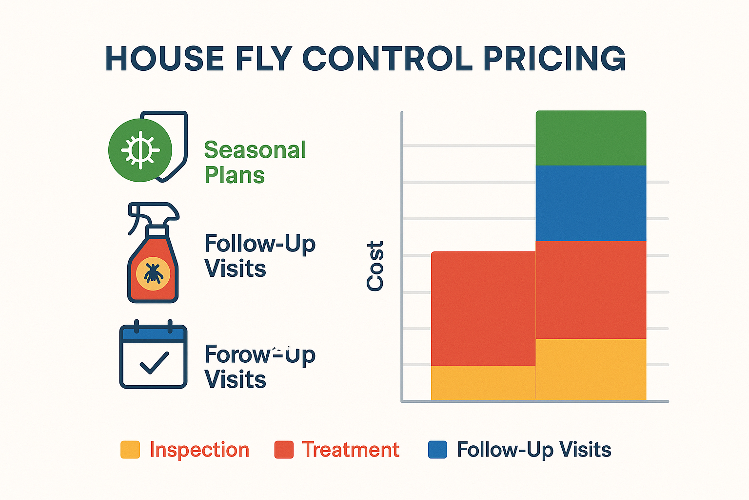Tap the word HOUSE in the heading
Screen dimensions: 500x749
(164, 59)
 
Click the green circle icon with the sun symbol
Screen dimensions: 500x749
(140, 150)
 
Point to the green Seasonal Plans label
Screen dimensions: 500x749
(255, 162)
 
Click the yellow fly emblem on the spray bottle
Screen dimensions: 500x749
(153, 273)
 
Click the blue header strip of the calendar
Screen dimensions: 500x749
(153, 334)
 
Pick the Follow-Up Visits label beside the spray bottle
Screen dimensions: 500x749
(259, 256)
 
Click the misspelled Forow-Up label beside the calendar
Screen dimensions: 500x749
(259, 366)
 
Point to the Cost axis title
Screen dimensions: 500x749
(375, 266)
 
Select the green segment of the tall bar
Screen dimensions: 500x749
(591, 139)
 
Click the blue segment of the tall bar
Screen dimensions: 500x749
(591, 203)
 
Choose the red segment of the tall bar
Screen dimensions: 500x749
(591, 290)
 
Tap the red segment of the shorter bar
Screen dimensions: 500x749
(483, 308)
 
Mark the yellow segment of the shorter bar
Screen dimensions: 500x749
(483, 383)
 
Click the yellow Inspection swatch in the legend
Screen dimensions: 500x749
(130, 450)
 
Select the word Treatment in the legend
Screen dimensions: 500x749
(350, 450)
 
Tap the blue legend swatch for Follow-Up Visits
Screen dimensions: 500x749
(437, 450)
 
